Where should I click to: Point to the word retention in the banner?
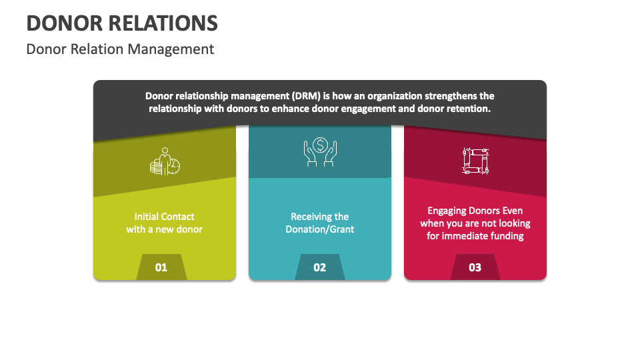[467, 108]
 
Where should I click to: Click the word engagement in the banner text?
[364, 108]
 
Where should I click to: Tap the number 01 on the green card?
[161, 267]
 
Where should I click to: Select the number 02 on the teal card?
[320, 267]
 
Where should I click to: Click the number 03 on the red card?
[475, 267]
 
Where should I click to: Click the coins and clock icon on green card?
[164, 161]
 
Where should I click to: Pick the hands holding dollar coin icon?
[320, 152]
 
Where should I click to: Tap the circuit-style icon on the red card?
[475, 161]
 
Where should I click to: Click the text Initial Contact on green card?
[164, 217]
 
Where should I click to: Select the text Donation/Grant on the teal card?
[320, 229]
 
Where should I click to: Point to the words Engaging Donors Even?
[475, 211]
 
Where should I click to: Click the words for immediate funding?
[475, 236]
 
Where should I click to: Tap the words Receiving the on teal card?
[320, 217]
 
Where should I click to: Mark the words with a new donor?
[164, 229]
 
